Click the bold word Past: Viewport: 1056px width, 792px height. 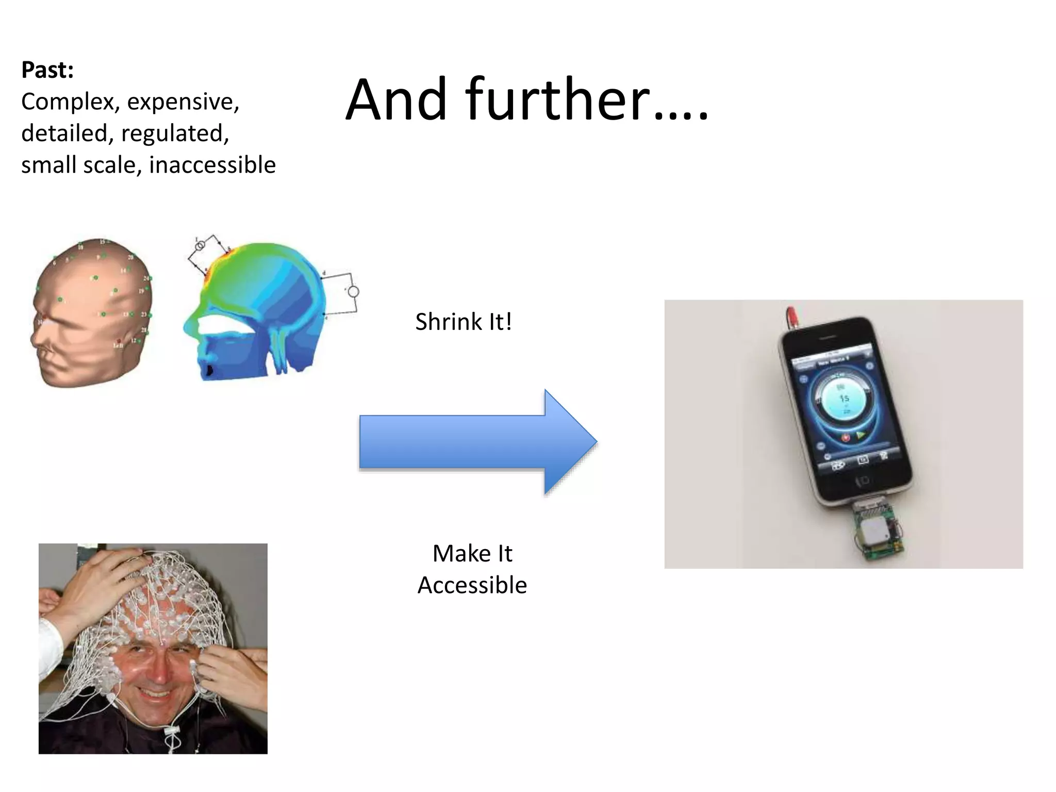(x=47, y=70)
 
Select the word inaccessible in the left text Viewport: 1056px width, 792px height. (x=212, y=165)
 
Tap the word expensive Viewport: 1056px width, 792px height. (x=183, y=102)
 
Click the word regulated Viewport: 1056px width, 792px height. (x=175, y=134)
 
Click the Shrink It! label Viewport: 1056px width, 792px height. (x=464, y=322)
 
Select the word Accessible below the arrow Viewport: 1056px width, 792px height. (x=472, y=585)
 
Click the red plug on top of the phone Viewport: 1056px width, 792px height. (x=789, y=314)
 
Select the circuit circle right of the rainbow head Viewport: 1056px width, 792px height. (x=353, y=292)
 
